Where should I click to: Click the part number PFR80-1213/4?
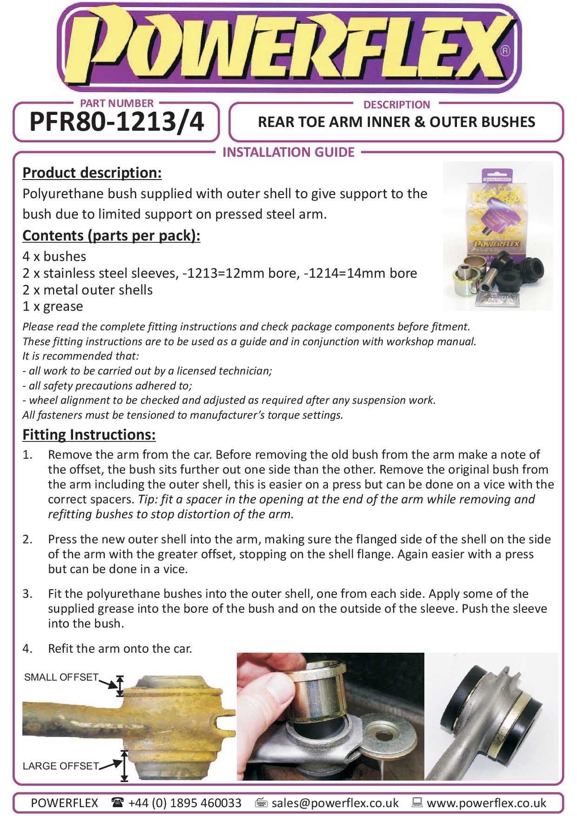116,122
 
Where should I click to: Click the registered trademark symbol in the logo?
505,51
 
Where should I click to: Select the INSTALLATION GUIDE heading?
288,152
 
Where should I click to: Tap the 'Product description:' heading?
92,173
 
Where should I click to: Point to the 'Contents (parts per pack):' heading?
111,235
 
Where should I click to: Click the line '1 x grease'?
53,307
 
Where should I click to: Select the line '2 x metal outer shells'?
87,290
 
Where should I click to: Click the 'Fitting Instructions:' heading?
89,435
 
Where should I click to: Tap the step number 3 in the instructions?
27,594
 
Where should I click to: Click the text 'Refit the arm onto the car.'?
120,649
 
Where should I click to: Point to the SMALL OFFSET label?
61,677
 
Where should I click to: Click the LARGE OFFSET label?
60,766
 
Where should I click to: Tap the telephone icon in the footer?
117,802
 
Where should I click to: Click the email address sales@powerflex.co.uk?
335,803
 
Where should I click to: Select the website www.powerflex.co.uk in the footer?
486,803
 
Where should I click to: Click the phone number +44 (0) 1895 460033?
185,803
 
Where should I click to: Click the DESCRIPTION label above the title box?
396,105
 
